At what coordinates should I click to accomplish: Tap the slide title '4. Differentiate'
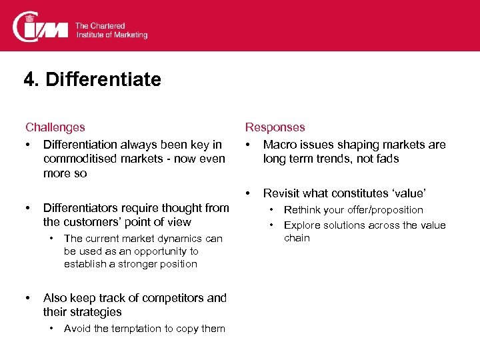point(92,80)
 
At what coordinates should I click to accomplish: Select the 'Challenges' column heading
point(55,127)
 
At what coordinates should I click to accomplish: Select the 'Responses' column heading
point(275,127)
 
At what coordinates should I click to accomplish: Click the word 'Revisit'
point(283,193)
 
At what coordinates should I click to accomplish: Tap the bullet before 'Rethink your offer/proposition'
point(271,210)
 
